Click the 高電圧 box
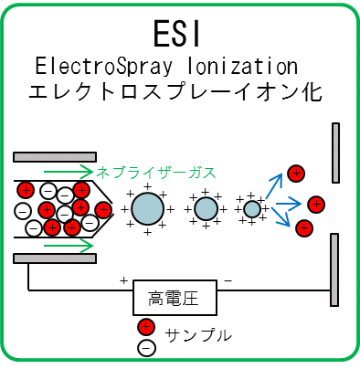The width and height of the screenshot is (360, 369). pyautogui.click(x=174, y=297)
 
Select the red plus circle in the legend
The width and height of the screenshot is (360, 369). pyautogui.click(x=145, y=327)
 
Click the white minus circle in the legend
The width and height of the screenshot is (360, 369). pyautogui.click(x=145, y=346)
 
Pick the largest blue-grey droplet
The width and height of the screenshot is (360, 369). pyautogui.click(x=147, y=208)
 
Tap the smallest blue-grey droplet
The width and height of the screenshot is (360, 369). pyautogui.click(x=252, y=209)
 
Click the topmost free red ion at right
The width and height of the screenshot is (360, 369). pyautogui.click(x=295, y=173)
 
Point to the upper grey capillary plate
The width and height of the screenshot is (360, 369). pyautogui.click(x=55, y=156)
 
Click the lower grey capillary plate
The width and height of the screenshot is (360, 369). pyautogui.click(x=55, y=259)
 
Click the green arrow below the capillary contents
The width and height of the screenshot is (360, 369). pyautogui.click(x=54, y=244)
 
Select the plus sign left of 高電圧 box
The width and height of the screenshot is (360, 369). pyautogui.click(x=123, y=279)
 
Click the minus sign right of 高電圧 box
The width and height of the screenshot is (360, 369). pyautogui.click(x=228, y=279)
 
